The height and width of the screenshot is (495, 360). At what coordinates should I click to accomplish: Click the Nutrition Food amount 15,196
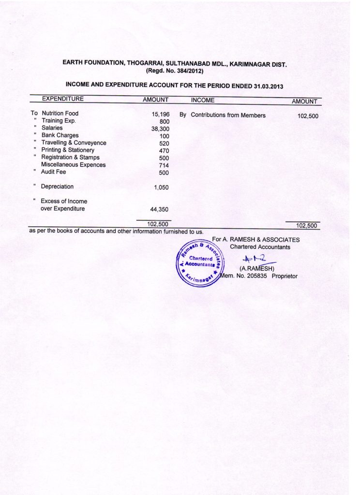coord(161,114)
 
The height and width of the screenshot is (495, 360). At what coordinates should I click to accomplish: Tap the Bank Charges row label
coord(60,135)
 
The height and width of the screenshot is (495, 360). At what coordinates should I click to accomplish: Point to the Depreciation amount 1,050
coord(161,188)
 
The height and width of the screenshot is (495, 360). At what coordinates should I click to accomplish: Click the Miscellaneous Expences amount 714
coord(164,165)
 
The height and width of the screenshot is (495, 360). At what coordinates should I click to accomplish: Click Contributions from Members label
coord(228,116)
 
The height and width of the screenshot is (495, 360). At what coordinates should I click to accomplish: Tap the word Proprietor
coord(288,276)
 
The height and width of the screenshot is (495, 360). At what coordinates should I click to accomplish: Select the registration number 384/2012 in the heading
coord(186,71)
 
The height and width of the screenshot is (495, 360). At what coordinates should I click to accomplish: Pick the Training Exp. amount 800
coord(164,122)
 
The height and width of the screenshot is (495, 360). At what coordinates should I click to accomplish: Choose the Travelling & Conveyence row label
coord(74,143)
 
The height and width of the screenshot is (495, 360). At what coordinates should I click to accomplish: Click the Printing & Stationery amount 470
coord(164,151)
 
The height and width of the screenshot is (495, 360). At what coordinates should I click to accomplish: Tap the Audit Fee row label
coord(53,172)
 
